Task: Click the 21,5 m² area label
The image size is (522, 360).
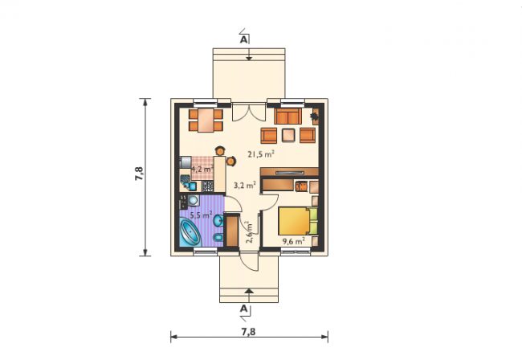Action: pos(261,153)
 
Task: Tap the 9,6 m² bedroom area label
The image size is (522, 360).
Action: pos(294,241)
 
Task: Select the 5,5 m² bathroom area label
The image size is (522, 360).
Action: pos(201,215)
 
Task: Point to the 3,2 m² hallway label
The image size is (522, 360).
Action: pos(245,185)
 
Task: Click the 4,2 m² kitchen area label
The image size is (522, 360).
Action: pos(202,169)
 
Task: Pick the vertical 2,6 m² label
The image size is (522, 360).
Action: pos(250,232)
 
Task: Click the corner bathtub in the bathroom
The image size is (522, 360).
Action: pos(190,232)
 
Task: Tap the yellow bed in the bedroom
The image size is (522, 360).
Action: pos(298,221)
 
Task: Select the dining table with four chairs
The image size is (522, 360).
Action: pos(206,121)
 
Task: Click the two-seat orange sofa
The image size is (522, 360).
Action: pos(288,116)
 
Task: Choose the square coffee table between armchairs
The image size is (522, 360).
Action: pos(288,135)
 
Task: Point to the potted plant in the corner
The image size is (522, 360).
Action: pos(314,117)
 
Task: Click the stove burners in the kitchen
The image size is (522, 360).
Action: pos(207,186)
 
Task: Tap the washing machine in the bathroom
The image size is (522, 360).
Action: pos(193,200)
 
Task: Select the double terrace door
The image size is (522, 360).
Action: pos(249,112)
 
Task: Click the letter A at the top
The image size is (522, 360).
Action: pos(243,40)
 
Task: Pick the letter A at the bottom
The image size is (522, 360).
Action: pos(243,309)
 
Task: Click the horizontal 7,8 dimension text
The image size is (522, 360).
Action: pos(249,332)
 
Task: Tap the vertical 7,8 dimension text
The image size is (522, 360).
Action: pos(139,174)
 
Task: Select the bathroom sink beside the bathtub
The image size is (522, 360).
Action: pos(218,220)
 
